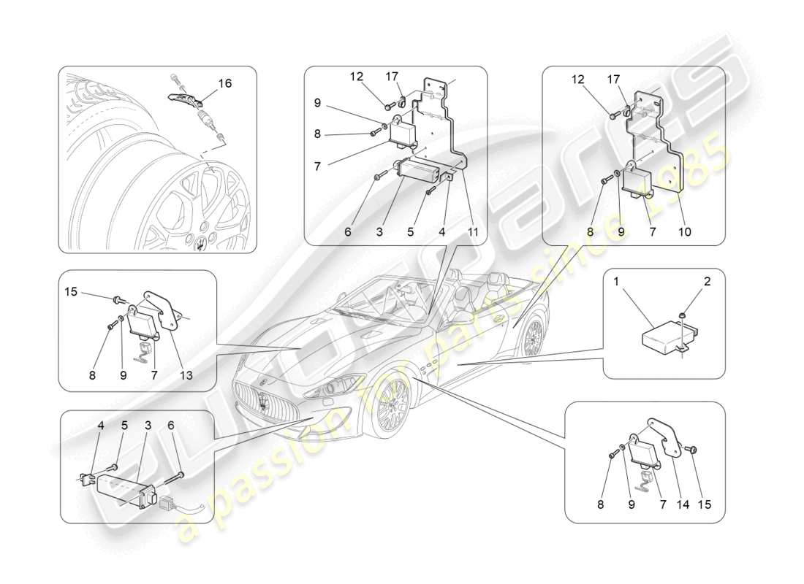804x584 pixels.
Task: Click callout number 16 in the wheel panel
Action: coord(224,83)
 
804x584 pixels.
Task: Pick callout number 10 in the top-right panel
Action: coord(686,232)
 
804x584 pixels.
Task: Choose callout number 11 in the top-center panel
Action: coord(474,232)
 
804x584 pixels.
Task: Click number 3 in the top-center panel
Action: coord(379,232)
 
